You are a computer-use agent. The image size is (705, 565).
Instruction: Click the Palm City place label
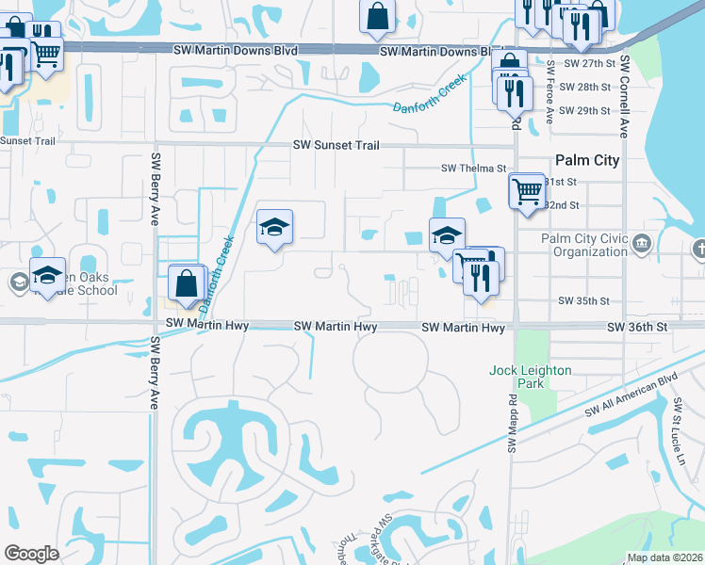pyautogui.click(x=587, y=160)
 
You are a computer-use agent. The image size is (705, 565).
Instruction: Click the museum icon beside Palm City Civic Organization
pyautogui.click(x=642, y=245)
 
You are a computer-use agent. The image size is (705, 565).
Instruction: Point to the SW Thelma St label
pyautogui.click(x=475, y=169)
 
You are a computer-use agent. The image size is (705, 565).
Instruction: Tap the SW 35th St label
pyautogui.click(x=584, y=301)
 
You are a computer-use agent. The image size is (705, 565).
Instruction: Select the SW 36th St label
pyautogui.click(x=637, y=327)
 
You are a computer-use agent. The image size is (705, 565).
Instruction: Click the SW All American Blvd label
pyautogui.click(x=631, y=395)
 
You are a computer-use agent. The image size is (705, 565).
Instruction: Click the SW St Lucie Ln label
pyautogui.click(x=678, y=428)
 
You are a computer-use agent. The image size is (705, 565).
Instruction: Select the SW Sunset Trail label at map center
pyautogui.click(x=336, y=145)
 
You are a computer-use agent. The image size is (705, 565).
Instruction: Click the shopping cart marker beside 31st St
pyautogui.click(x=527, y=190)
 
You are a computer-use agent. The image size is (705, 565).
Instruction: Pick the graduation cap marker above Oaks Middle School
pyautogui.click(x=47, y=275)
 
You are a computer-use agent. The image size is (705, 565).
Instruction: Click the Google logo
pyautogui.click(x=31, y=554)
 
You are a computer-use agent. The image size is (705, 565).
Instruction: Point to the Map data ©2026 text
pyautogui.click(x=664, y=557)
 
